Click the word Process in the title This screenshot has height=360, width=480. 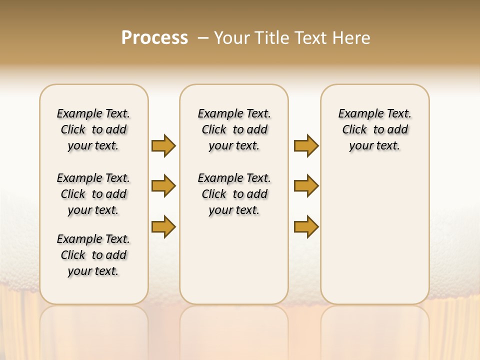point(154,38)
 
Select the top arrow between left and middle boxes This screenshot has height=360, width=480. point(163,145)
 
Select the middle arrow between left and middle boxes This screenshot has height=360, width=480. point(163,186)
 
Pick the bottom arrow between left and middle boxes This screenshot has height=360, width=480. point(163,226)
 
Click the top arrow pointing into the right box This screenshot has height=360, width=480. point(306,145)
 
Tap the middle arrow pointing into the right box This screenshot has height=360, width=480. point(306,186)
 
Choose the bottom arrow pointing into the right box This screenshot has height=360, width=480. point(306,226)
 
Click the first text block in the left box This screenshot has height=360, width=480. point(93,129)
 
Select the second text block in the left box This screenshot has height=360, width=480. point(93,194)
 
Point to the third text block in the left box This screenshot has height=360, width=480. point(93,255)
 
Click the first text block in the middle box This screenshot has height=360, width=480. point(234,129)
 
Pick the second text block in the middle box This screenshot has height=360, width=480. point(234,194)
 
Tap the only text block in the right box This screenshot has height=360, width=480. point(374,129)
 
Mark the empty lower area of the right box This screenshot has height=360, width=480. point(374,235)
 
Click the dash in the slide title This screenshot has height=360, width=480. point(203,38)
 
